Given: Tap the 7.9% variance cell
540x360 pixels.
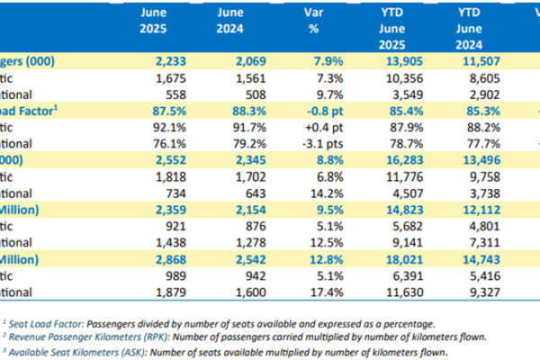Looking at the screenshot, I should click(x=309, y=61).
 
